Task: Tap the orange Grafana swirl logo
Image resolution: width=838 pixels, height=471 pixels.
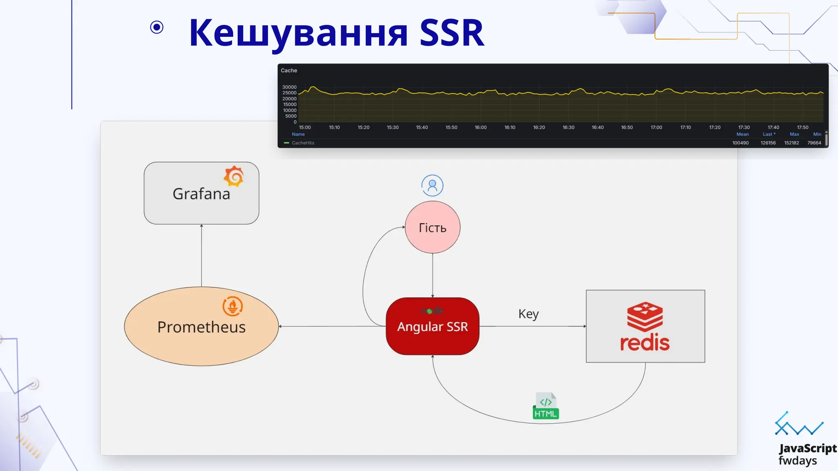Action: click(234, 176)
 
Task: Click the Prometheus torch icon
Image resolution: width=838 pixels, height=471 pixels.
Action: click(232, 306)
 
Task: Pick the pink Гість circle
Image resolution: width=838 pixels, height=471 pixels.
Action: click(433, 227)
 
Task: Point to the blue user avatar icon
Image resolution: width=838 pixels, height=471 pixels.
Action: click(432, 186)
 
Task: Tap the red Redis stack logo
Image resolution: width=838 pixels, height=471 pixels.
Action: click(645, 316)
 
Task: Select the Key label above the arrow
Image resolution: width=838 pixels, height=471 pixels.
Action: click(528, 314)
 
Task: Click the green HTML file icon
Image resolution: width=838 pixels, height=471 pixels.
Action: click(546, 406)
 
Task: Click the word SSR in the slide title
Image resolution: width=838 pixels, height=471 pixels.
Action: click(452, 33)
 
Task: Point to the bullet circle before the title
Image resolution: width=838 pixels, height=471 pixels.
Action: click(157, 27)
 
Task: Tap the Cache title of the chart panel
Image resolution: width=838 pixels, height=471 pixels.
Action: click(289, 71)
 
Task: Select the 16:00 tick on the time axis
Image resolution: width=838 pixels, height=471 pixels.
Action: click(481, 128)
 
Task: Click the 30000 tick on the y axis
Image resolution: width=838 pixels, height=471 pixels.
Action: click(289, 87)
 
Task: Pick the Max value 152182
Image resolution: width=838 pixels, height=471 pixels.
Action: click(791, 143)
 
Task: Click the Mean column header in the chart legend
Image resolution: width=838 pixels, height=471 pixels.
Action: click(742, 135)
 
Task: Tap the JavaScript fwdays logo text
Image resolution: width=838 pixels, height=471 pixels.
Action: click(807, 454)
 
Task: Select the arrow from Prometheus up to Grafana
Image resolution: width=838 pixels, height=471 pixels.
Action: click(201, 256)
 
